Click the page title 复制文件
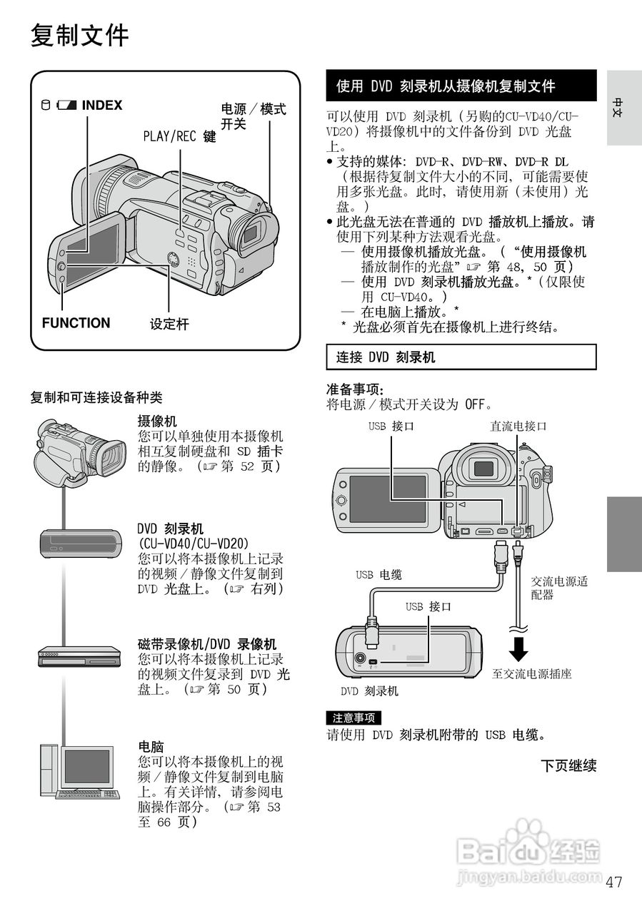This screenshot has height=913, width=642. [79, 35]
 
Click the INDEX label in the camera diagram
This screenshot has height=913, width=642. [101, 106]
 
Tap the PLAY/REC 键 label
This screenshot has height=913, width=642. [179, 136]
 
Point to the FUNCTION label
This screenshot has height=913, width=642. [76, 323]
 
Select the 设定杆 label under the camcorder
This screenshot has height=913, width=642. [169, 325]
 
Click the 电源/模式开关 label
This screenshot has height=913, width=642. [253, 116]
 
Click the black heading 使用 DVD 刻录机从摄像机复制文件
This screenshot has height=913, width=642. [446, 86]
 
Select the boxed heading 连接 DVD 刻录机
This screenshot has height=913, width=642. [386, 357]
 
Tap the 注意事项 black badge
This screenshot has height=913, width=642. [353, 718]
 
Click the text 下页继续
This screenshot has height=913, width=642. [568, 766]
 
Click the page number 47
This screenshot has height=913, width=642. [613, 882]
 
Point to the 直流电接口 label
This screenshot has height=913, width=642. [518, 427]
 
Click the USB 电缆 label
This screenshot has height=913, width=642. [378, 574]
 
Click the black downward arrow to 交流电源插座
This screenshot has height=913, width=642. [521, 648]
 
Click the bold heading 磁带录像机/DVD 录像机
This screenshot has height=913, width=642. [206, 644]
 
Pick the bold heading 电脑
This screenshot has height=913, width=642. [151, 747]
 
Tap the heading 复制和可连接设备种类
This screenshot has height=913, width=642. [96, 397]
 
